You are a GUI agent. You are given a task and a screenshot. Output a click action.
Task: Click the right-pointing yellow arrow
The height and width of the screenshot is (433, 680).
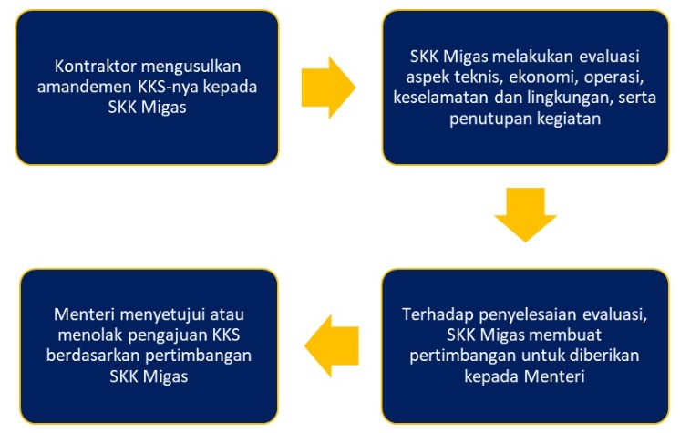(328, 88)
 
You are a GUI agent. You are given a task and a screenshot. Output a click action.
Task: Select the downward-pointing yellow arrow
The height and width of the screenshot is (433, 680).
(525, 214)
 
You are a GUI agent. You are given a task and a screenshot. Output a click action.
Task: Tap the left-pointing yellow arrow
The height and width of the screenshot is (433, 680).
(332, 345)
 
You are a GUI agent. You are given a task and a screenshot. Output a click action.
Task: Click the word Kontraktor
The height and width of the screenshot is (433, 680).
(94, 67)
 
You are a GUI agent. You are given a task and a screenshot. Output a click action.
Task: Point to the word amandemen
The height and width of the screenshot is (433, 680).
(84, 87)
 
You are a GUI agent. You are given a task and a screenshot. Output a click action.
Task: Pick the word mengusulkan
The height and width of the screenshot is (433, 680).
(191, 67)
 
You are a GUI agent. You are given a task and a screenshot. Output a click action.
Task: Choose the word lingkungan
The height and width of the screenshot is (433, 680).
(570, 98)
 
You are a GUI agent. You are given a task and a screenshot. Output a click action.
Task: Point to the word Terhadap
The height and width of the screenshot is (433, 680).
(438, 314)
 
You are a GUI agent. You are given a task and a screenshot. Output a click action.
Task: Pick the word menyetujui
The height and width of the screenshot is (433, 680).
(162, 315)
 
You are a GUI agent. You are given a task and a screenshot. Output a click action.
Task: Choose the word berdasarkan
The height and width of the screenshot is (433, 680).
(93, 356)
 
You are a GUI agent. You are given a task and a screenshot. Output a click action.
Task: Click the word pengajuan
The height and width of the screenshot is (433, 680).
(168, 335)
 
